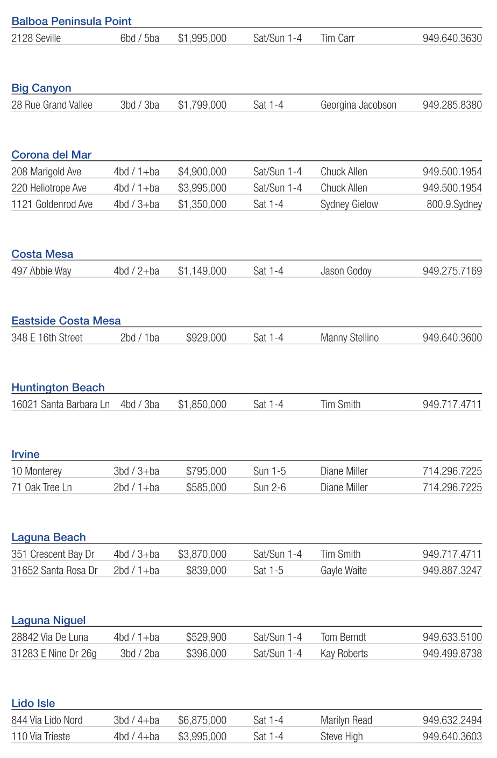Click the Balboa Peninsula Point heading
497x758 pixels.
coord(72,22)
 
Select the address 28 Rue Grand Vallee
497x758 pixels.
coord(52,105)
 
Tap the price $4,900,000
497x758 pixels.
coord(202,172)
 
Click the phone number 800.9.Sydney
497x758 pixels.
coord(454,204)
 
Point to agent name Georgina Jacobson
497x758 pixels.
coord(358,105)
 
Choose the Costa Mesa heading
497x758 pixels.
coord(42,254)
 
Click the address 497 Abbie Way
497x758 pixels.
coord(41,271)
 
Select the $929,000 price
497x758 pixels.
coord(206,338)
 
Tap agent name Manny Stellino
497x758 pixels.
coord(350,338)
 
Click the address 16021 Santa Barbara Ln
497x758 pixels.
coord(60,405)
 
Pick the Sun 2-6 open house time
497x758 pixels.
coord(269,487)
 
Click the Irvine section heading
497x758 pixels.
coord(26,455)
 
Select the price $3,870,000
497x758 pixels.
coord(202,554)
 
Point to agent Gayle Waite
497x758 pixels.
coord(344,570)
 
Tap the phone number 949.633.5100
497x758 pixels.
coord(452,637)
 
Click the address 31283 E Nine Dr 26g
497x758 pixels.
coord(54,654)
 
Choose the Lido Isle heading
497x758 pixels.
coord(33,704)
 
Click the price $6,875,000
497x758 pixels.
coord(202,720)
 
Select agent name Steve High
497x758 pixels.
coord(342,736)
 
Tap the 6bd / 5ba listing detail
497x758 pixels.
coord(140,38)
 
